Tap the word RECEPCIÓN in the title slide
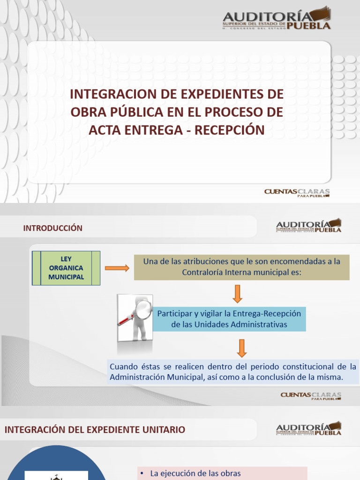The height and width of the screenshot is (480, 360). click(x=230, y=130)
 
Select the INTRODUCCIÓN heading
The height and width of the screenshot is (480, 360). click(x=52, y=228)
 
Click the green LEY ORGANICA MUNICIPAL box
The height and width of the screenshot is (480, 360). click(x=66, y=268)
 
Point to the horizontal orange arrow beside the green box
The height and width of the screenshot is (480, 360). click(x=117, y=268)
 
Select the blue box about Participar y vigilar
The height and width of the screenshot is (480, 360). click(x=229, y=319)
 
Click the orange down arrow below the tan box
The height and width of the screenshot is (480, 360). click(x=237, y=293)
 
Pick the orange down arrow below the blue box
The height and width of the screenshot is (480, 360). click(x=241, y=348)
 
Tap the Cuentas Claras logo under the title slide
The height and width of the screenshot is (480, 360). click(x=297, y=193)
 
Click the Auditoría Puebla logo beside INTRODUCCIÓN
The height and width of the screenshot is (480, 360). click(x=308, y=225)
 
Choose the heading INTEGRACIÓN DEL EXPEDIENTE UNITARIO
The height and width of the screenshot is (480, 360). click(x=95, y=429)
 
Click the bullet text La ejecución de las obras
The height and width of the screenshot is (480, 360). click(x=195, y=473)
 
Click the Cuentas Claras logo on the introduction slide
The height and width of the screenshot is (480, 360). click(x=311, y=396)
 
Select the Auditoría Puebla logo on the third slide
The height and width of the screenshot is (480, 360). click(x=308, y=428)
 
